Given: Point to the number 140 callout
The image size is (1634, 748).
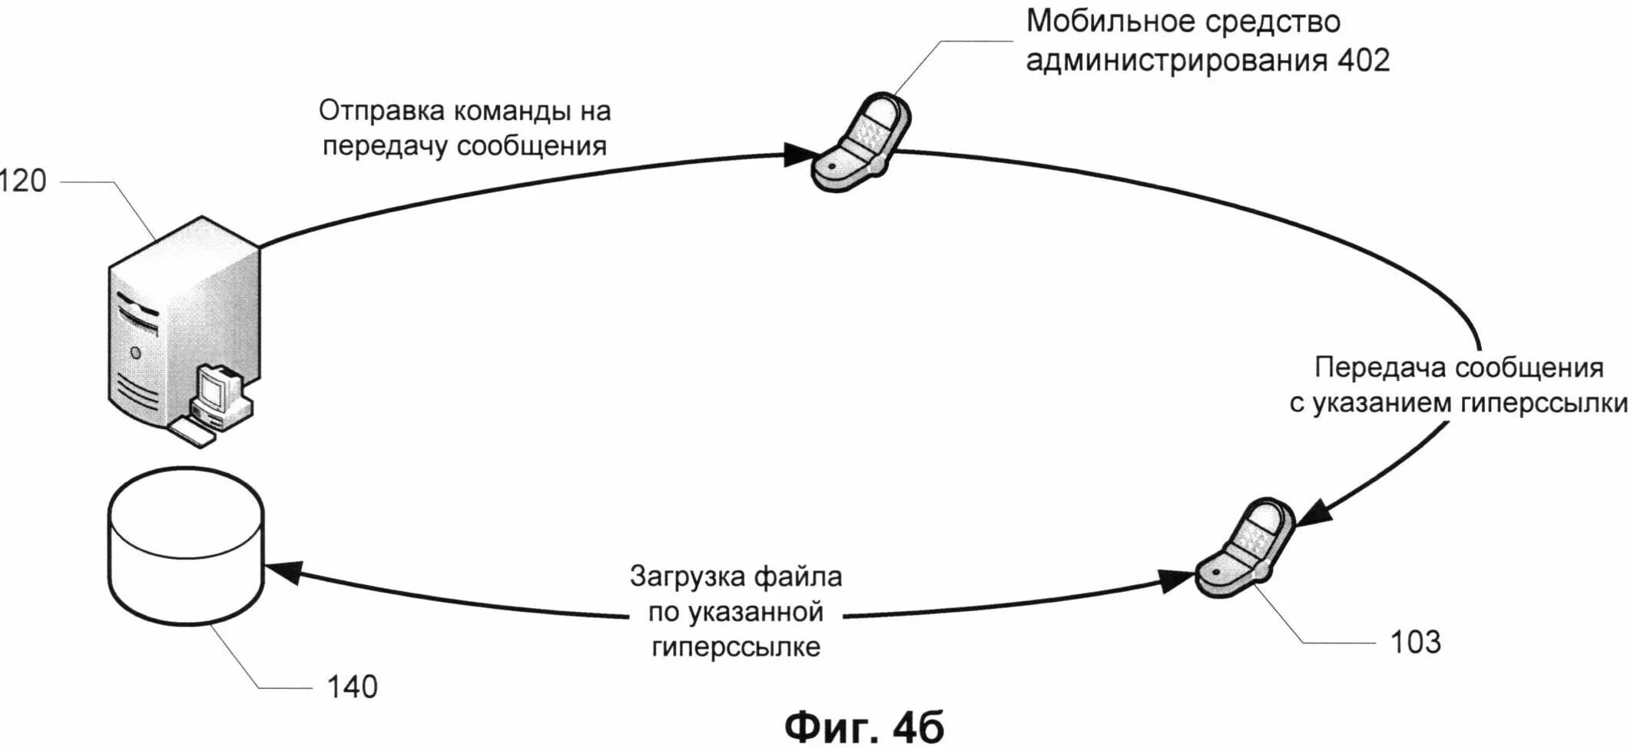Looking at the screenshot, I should click(x=353, y=686).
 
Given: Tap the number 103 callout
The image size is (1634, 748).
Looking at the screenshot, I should click(x=1415, y=642).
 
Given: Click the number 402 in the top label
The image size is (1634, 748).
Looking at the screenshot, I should click(x=1364, y=61).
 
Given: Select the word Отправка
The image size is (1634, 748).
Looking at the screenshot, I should click(x=381, y=111).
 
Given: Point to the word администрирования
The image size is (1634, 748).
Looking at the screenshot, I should click(x=1175, y=61).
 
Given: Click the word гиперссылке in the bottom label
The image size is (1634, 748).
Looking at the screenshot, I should click(x=735, y=647).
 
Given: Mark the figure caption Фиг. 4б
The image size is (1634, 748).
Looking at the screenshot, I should click(x=864, y=726).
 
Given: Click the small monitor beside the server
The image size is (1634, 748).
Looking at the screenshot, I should click(x=218, y=389).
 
